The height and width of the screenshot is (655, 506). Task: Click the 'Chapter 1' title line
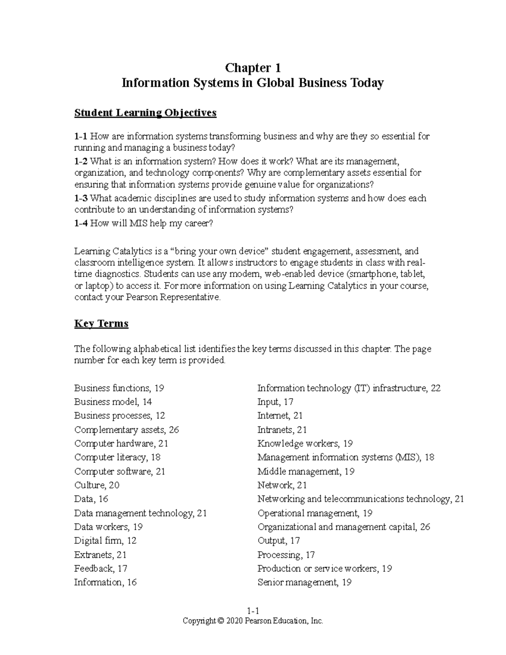click(253, 68)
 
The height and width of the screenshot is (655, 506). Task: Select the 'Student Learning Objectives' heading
click(145, 113)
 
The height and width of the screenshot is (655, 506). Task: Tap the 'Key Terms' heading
click(101, 323)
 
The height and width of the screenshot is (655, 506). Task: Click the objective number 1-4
click(81, 224)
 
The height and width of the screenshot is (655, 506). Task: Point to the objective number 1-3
click(81, 198)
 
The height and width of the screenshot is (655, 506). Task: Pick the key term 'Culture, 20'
click(97, 485)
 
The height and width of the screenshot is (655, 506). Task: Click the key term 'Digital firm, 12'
click(105, 541)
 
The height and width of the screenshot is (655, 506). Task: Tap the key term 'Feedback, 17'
click(100, 569)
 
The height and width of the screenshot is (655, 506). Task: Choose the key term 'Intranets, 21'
click(282, 430)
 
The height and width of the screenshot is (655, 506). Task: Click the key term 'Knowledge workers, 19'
click(305, 444)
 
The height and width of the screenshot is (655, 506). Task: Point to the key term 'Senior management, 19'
click(304, 582)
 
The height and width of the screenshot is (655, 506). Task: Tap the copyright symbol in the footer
click(221, 621)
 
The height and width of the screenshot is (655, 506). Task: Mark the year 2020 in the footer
click(234, 621)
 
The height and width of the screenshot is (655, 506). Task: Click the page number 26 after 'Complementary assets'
click(174, 430)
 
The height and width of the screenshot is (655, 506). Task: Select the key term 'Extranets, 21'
click(100, 555)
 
